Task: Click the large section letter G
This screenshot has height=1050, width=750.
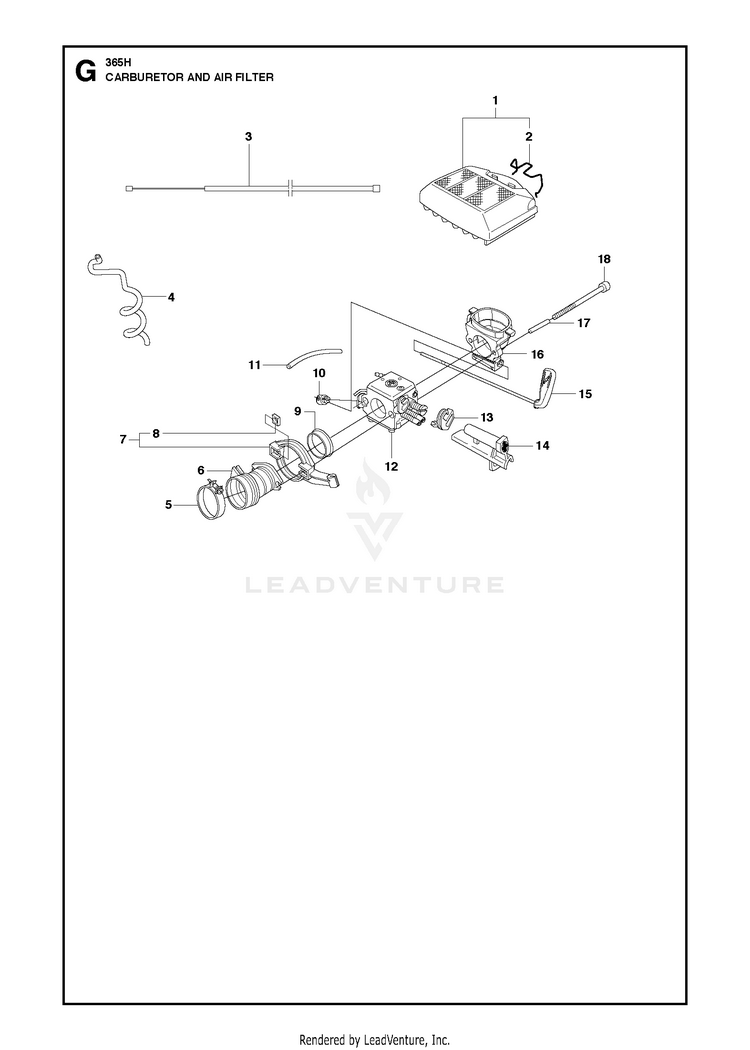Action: pos(85,71)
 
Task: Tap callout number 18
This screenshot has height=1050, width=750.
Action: pos(604,259)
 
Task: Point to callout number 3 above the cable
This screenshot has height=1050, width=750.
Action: pos(249,136)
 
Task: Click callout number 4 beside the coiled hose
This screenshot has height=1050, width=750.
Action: pos(171,296)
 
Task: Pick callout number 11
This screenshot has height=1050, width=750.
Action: pos(254,365)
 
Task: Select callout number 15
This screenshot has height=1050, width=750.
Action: pos(585,393)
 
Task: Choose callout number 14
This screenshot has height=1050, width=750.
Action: pos(542,445)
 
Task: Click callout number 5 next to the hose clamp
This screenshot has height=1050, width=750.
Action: pos(169,505)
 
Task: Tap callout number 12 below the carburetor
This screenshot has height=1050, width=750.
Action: pos(391,466)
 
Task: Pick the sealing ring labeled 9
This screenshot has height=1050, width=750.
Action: pos(319,444)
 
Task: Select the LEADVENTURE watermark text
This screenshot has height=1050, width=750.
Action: pos(375,585)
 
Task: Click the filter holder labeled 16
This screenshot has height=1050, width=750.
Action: pos(490,336)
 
